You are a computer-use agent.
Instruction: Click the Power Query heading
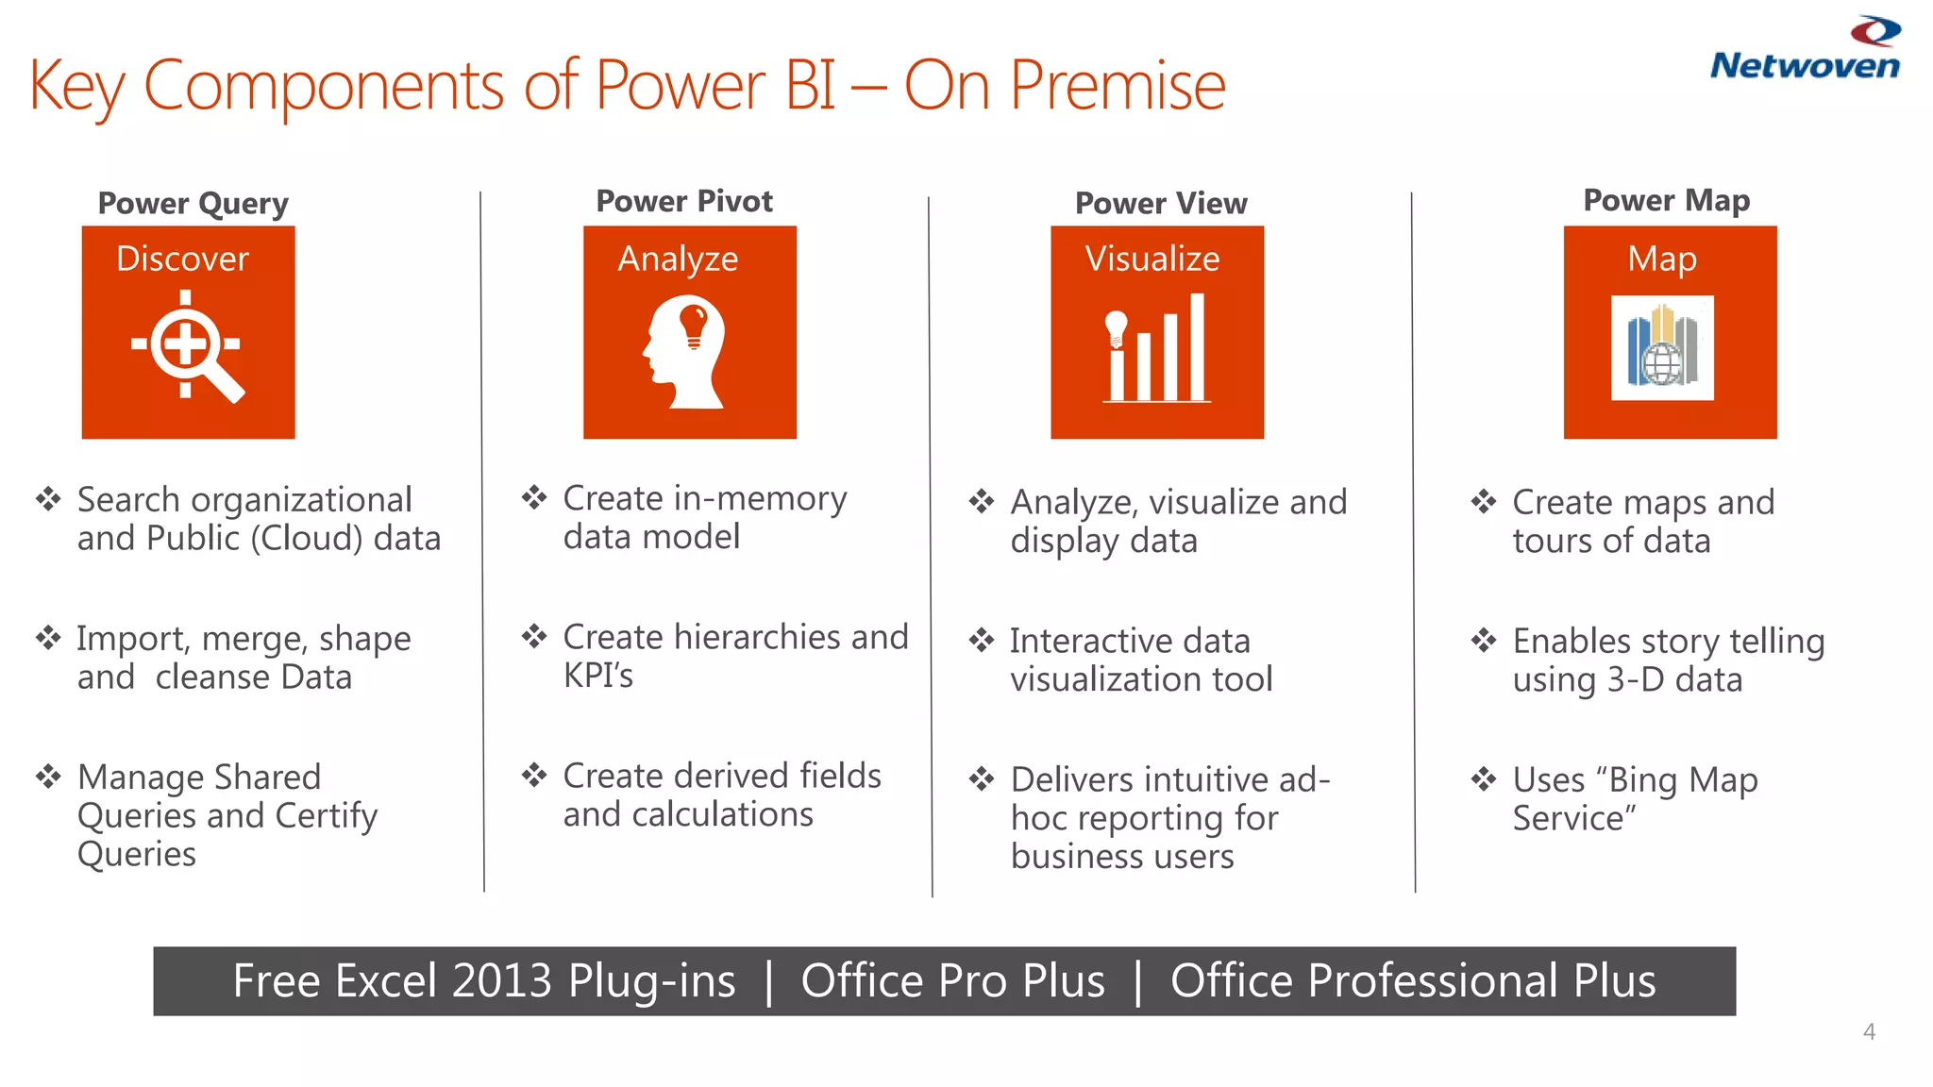pos(193,204)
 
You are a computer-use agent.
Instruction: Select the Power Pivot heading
pos(684,201)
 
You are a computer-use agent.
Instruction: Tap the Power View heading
pos(1161,203)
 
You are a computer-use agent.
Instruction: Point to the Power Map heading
pos(1666,200)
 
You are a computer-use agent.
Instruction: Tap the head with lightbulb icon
pos(687,351)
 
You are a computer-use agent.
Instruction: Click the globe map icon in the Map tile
pos(1662,348)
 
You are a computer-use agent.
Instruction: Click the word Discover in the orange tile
pos(182,259)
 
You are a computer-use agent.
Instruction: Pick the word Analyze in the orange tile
pos(678,259)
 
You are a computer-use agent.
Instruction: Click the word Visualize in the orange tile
pos(1152,259)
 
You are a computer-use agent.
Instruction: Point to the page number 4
pos(1869,1031)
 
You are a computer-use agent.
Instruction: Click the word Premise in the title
pos(1118,86)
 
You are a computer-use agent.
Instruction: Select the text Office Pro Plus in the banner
pos(952,981)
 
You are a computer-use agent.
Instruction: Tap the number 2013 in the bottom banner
pos(501,981)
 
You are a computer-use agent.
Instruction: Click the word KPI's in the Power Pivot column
pos(598,676)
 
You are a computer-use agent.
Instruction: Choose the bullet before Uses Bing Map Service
pos(1483,779)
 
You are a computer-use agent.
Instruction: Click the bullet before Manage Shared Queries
pos(48,777)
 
